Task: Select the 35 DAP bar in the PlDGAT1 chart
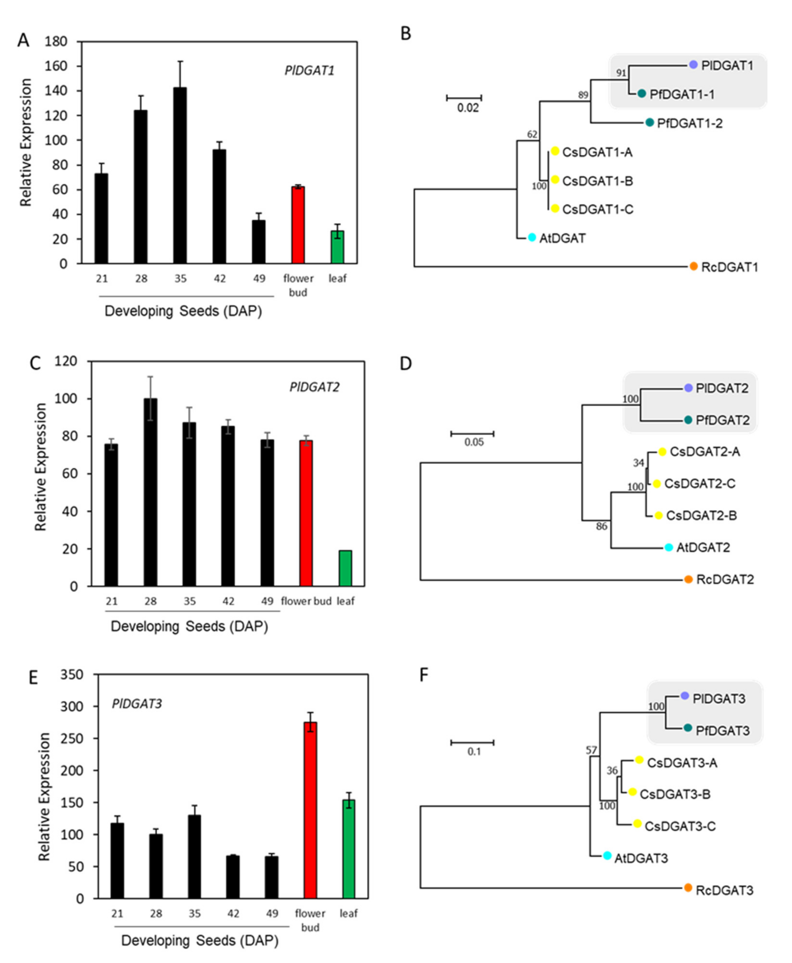pos(180,176)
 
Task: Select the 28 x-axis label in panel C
pos(151,601)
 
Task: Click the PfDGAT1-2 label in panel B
pos(690,123)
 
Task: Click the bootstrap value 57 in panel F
pos(591,750)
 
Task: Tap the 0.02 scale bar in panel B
pos(464,98)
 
